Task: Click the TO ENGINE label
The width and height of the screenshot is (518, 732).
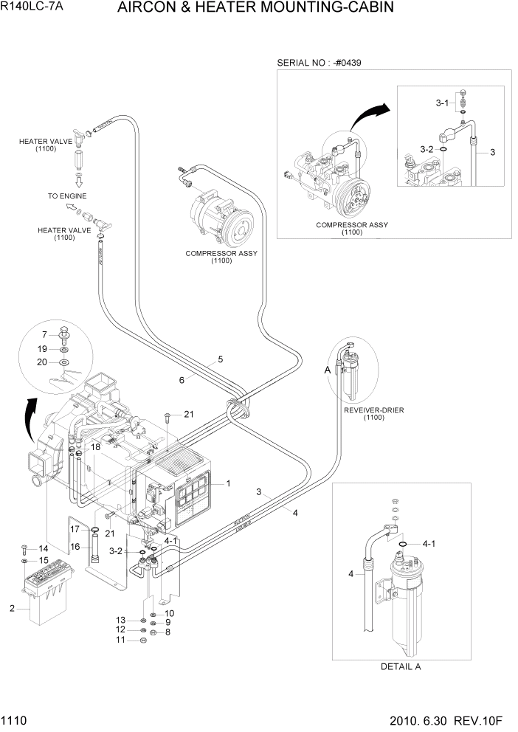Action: pyautogui.click(x=67, y=196)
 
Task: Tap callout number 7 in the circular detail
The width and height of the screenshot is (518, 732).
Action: pyautogui.click(x=44, y=334)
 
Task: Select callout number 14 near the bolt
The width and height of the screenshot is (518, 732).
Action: pyautogui.click(x=43, y=548)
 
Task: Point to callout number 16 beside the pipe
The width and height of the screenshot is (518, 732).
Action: pyautogui.click(x=75, y=546)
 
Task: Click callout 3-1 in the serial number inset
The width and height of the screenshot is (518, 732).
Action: pyautogui.click(x=442, y=103)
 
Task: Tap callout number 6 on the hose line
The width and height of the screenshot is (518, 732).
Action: pyautogui.click(x=181, y=380)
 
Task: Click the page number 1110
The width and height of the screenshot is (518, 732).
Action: pyautogui.click(x=14, y=719)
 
